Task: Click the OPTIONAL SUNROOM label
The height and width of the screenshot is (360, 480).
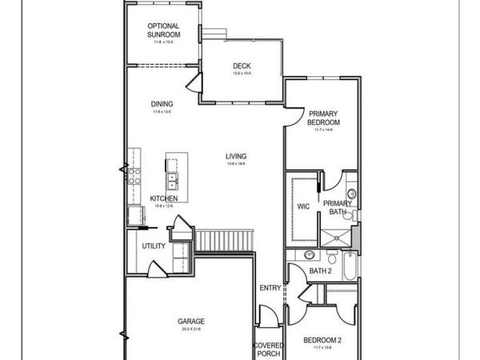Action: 162,30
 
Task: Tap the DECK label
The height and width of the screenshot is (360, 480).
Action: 242,66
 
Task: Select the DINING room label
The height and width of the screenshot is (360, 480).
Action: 162,104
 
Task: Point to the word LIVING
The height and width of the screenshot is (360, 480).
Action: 235,157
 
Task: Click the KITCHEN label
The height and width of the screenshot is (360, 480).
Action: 164,198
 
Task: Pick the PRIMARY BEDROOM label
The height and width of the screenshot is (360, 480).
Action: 324,118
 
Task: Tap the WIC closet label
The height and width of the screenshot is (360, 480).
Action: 303,206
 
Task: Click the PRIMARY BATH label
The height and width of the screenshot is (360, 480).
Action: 338,208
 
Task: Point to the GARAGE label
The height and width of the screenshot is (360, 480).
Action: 191,322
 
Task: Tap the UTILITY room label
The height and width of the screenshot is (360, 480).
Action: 154,246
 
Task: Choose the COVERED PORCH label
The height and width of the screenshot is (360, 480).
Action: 266,349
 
